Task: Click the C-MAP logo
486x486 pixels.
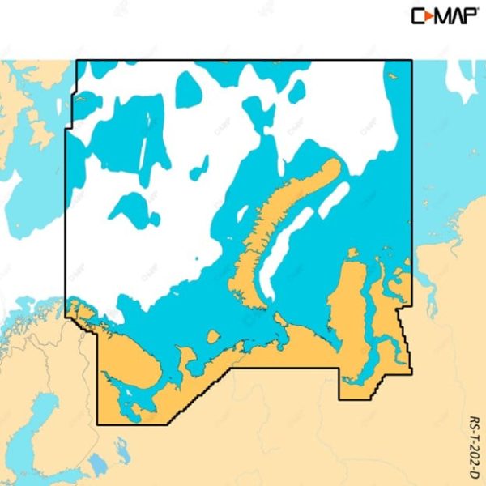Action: pyautogui.click(x=445, y=15)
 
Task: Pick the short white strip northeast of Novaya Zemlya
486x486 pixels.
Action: pyautogui.click(x=332, y=199)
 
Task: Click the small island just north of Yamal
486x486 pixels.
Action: pyautogui.click(x=352, y=254)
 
